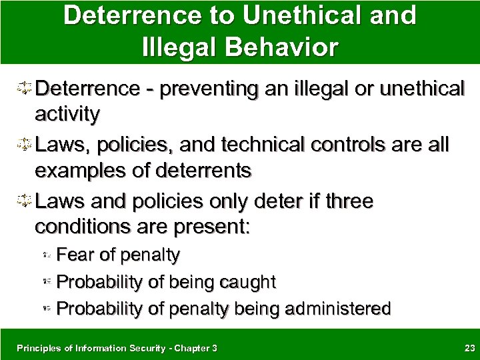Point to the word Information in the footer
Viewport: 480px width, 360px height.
pos(91,347)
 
